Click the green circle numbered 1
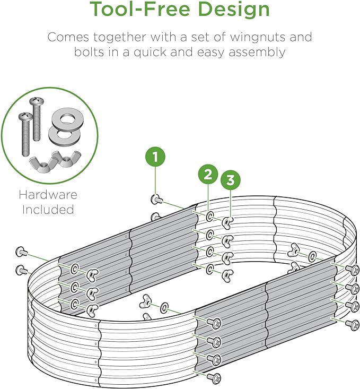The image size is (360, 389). pos(155,157)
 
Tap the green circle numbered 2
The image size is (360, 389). pos(208,175)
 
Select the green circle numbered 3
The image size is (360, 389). pos(231,179)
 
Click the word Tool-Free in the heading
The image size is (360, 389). pos(139,9)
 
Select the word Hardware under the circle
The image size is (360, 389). pos(48,194)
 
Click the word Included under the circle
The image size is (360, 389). pos(48,210)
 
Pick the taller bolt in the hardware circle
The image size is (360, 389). pos(37,119)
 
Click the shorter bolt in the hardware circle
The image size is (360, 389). pos(25,134)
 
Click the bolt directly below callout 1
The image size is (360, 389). pos(157,199)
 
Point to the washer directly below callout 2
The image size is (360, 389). pos(210,217)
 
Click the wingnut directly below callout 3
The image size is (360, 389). pos(227,222)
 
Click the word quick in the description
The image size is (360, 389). pos(150,53)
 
